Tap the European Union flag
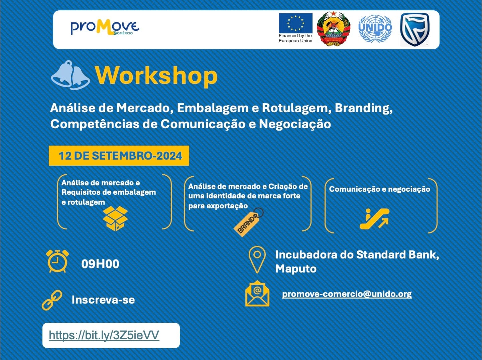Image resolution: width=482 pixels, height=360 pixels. click(x=295, y=23)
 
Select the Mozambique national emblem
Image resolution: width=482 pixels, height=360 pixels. click(x=334, y=29)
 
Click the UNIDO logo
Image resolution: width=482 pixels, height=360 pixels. click(x=375, y=29)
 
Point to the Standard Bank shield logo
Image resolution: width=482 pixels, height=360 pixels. click(x=414, y=29)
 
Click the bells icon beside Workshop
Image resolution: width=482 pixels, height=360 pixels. click(x=70, y=75)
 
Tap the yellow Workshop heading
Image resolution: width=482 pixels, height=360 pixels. click(x=156, y=75)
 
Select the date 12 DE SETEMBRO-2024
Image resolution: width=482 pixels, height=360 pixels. click(x=119, y=156)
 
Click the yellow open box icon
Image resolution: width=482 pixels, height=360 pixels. click(x=115, y=218)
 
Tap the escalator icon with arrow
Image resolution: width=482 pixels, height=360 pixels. click(x=375, y=219)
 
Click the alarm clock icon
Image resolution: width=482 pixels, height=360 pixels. click(x=57, y=261)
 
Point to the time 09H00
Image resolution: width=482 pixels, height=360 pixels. click(x=100, y=264)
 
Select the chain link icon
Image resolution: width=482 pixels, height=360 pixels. click(x=52, y=300)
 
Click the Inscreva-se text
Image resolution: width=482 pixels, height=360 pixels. click(x=103, y=300)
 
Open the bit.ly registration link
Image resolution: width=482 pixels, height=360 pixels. click(x=104, y=335)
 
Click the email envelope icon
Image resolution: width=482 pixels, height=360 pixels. click(x=257, y=294)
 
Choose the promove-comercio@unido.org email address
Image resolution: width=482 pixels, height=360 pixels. click(x=347, y=294)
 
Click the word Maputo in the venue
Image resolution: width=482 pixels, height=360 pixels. click(x=296, y=269)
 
